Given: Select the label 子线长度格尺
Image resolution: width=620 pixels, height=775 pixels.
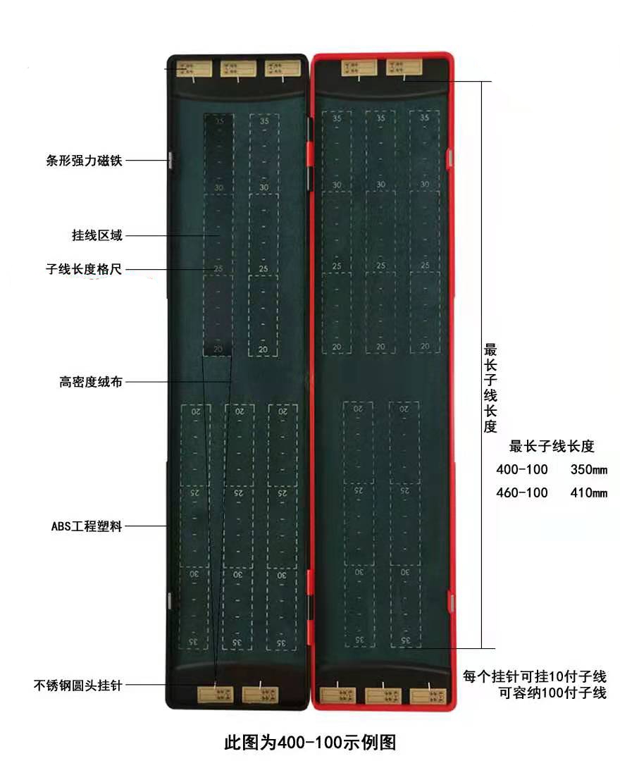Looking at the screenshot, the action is pos(84,268).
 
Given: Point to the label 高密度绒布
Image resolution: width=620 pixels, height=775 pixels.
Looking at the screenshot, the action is pos(91,383).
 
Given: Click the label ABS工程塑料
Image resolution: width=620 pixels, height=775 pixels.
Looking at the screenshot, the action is pos(86,526).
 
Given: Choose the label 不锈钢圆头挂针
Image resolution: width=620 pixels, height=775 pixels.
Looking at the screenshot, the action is pos(77,684).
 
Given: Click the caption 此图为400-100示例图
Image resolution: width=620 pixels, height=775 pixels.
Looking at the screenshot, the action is pos(310,743).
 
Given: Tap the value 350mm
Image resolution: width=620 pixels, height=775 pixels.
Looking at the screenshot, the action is pos(588,470).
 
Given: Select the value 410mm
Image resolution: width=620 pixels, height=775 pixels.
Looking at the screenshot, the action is pos(588,492).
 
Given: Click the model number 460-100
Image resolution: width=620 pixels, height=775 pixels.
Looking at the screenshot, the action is pos(522,492).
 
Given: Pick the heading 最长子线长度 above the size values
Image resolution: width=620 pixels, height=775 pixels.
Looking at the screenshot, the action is pos(552,446).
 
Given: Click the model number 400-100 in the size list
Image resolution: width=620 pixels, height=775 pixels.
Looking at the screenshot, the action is pos(522,470).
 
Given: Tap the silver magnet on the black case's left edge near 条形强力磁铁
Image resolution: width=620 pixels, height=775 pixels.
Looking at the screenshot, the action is pos(170,159).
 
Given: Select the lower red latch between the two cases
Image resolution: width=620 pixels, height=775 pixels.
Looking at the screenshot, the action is pos(310,585).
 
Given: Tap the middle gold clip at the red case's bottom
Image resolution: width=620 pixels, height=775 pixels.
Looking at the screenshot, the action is pos(383,695).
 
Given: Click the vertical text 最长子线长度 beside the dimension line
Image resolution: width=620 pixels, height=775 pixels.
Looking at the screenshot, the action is pos(490,387).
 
